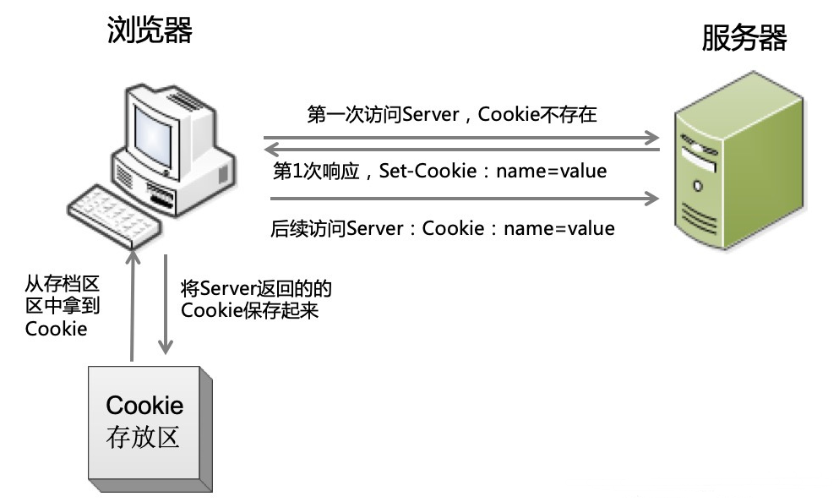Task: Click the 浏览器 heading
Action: tap(150, 31)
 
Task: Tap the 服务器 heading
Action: tap(744, 38)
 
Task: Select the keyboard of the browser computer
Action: tap(115, 207)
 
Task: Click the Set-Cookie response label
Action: tap(440, 171)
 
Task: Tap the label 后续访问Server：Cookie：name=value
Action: tap(442, 228)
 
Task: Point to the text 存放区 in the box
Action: tap(144, 438)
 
